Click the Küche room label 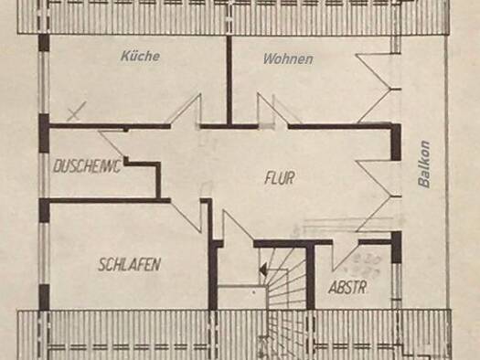click(x=140, y=56)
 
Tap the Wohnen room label click(x=288, y=59)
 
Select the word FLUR click(x=280, y=178)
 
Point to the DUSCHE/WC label click(x=87, y=166)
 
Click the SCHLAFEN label click(x=130, y=265)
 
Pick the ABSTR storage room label click(x=347, y=288)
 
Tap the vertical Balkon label click(x=424, y=164)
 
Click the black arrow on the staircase click(x=262, y=270)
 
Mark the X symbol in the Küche click(x=77, y=111)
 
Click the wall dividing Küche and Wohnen click(x=229, y=80)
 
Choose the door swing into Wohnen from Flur click(x=272, y=110)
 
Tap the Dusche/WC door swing click(x=112, y=143)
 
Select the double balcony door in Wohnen click(x=379, y=89)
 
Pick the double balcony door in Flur click(x=379, y=196)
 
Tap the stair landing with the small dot click(x=242, y=297)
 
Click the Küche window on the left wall click(x=45, y=82)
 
